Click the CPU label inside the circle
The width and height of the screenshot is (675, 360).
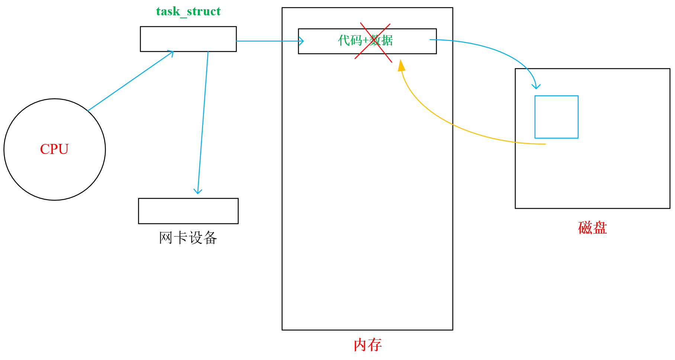(x=54, y=149)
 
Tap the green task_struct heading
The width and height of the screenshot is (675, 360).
(x=188, y=12)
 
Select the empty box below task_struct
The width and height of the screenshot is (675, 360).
(x=188, y=39)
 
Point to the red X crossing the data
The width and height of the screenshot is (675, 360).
(x=373, y=42)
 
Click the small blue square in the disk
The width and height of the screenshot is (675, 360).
(x=556, y=117)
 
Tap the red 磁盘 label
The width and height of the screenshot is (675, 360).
(x=592, y=228)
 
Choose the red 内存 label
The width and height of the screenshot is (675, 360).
(x=367, y=345)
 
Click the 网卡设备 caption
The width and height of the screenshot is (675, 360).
(x=188, y=238)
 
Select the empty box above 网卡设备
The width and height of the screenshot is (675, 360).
(x=188, y=211)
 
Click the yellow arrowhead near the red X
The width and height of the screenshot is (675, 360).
(x=401, y=66)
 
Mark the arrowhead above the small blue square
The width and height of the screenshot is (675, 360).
(x=536, y=87)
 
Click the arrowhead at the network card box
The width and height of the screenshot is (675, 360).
(x=198, y=191)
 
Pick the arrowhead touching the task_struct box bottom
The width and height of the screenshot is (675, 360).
(x=171, y=53)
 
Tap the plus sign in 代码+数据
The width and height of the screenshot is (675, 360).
(x=366, y=41)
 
